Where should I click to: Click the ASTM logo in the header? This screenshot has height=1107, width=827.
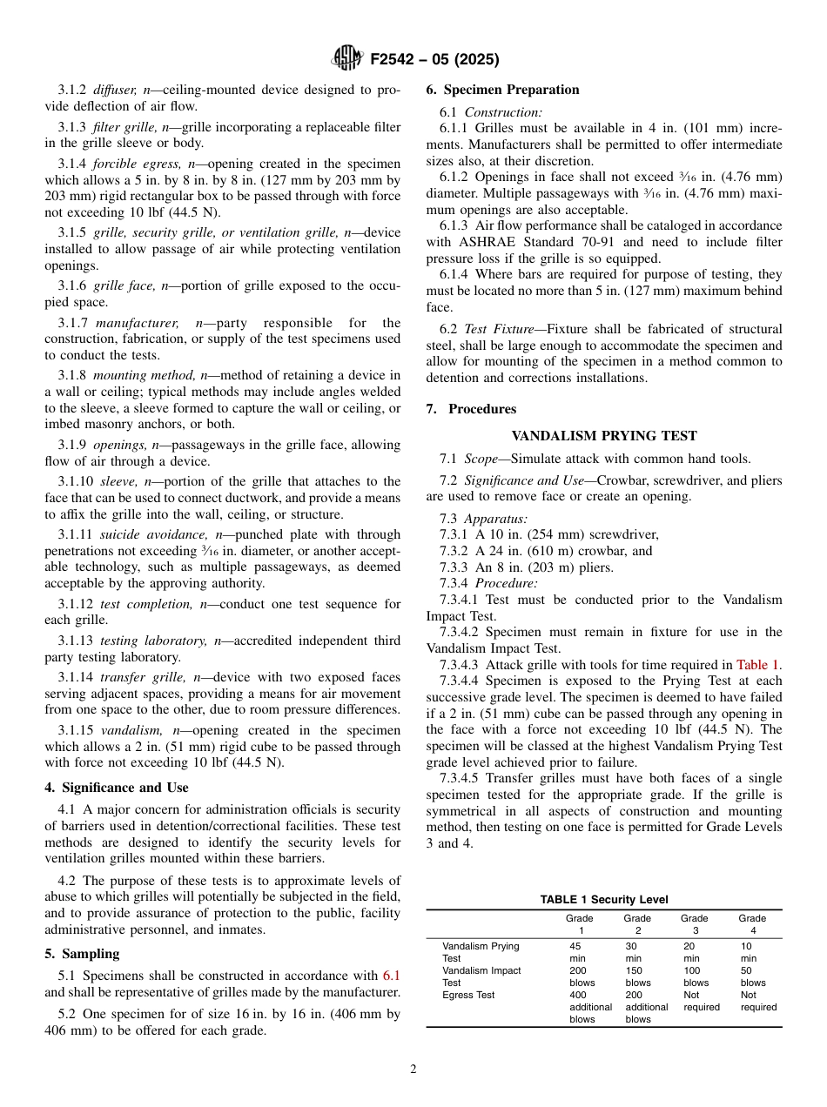pos(348,59)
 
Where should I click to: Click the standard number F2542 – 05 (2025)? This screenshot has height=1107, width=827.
pos(434,60)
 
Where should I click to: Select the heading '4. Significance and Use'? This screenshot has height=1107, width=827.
pos(117,788)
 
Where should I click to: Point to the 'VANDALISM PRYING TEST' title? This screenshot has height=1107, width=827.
pos(603,436)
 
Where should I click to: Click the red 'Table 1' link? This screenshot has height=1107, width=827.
pos(758,665)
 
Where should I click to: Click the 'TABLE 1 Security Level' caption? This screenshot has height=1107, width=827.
pos(603,900)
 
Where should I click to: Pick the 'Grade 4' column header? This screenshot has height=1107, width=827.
pos(752,924)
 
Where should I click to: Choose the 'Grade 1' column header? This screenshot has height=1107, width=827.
pos(579,924)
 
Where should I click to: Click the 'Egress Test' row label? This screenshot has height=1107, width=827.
pos(468,995)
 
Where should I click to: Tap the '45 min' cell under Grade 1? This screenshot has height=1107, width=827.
pos(576,952)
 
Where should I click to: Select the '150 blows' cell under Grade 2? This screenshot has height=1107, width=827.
pos(637,976)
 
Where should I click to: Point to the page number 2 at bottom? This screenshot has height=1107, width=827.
pos(413,1070)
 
